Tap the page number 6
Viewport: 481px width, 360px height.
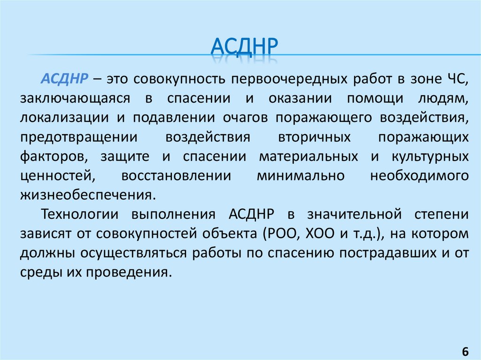point(465,352)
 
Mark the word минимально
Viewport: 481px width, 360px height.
point(301,176)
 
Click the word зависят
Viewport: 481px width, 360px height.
point(47,234)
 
